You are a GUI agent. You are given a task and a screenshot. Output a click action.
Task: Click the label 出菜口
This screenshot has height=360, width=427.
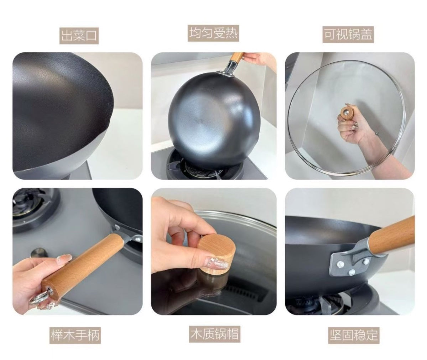[79, 35]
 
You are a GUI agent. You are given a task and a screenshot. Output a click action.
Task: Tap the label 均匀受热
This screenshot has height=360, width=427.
[213, 33]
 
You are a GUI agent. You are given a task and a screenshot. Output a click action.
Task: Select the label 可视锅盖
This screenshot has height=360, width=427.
[348, 35]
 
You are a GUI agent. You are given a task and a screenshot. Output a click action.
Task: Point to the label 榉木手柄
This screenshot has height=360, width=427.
[75, 335]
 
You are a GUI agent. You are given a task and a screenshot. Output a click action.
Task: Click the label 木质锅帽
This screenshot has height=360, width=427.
[214, 334]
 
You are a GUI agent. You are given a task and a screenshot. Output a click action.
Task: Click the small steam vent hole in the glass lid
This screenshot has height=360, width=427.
[377, 134]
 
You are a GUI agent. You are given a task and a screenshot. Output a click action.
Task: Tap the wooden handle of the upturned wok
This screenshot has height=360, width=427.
[236, 58]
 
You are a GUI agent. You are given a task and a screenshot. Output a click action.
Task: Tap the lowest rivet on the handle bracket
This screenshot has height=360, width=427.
[352, 272]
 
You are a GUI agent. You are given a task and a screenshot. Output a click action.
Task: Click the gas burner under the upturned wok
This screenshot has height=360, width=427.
[200, 166]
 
